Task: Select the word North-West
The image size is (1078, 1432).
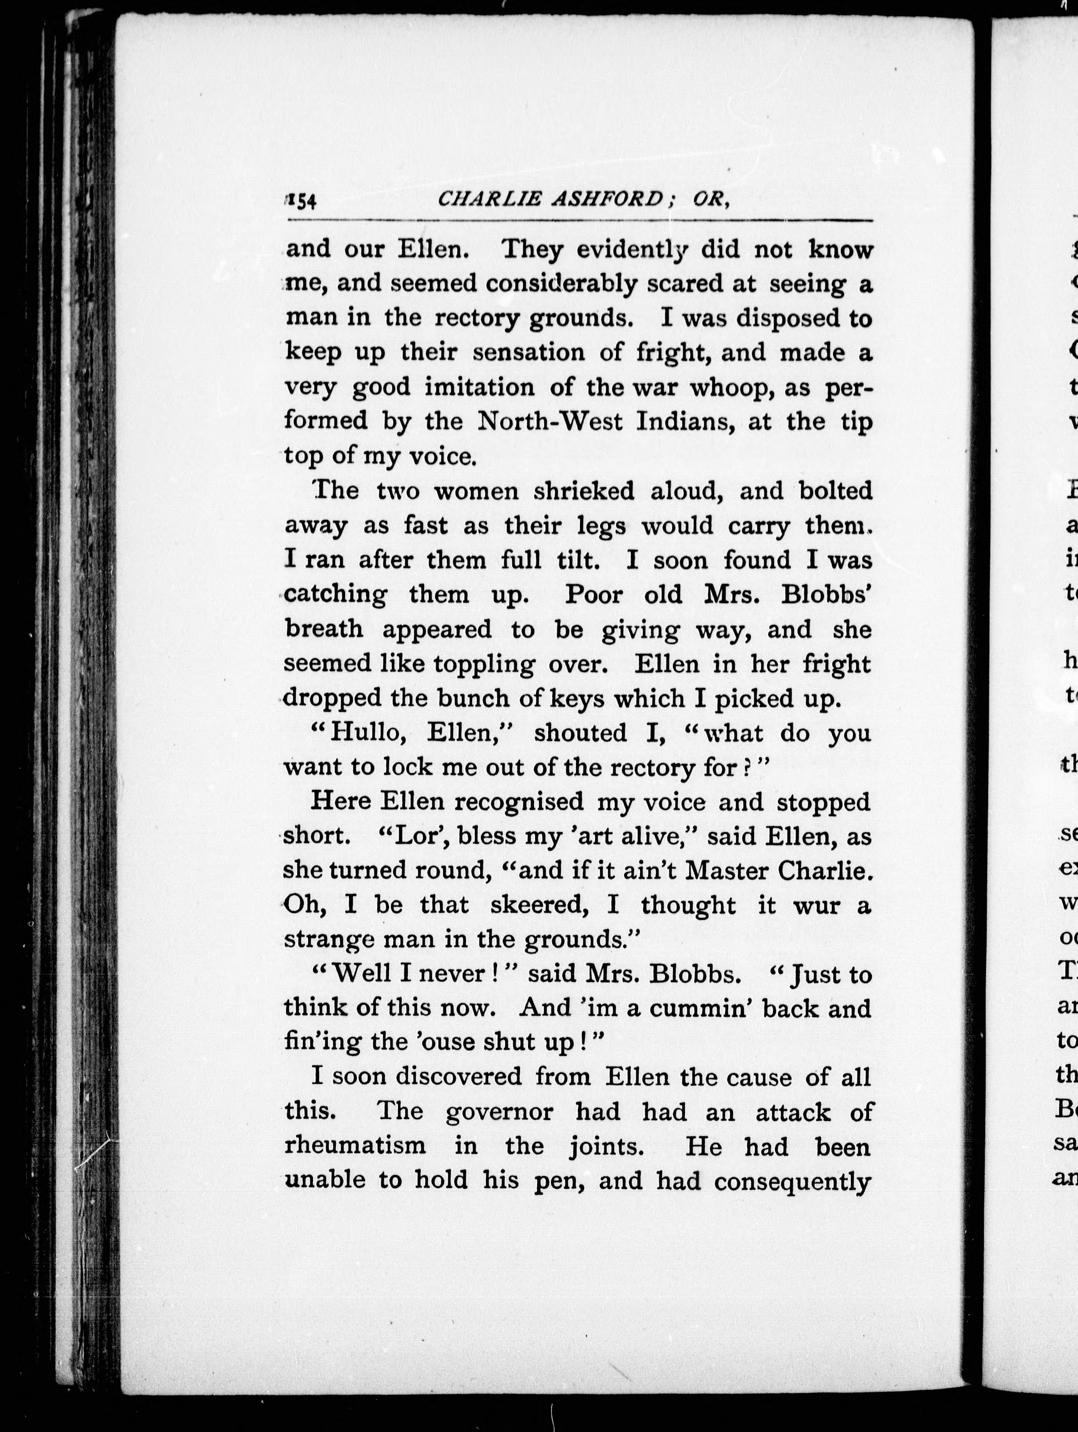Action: (x=549, y=422)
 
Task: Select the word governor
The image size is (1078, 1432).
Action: (x=500, y=1112)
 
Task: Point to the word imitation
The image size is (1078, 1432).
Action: (x=480, y=387)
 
